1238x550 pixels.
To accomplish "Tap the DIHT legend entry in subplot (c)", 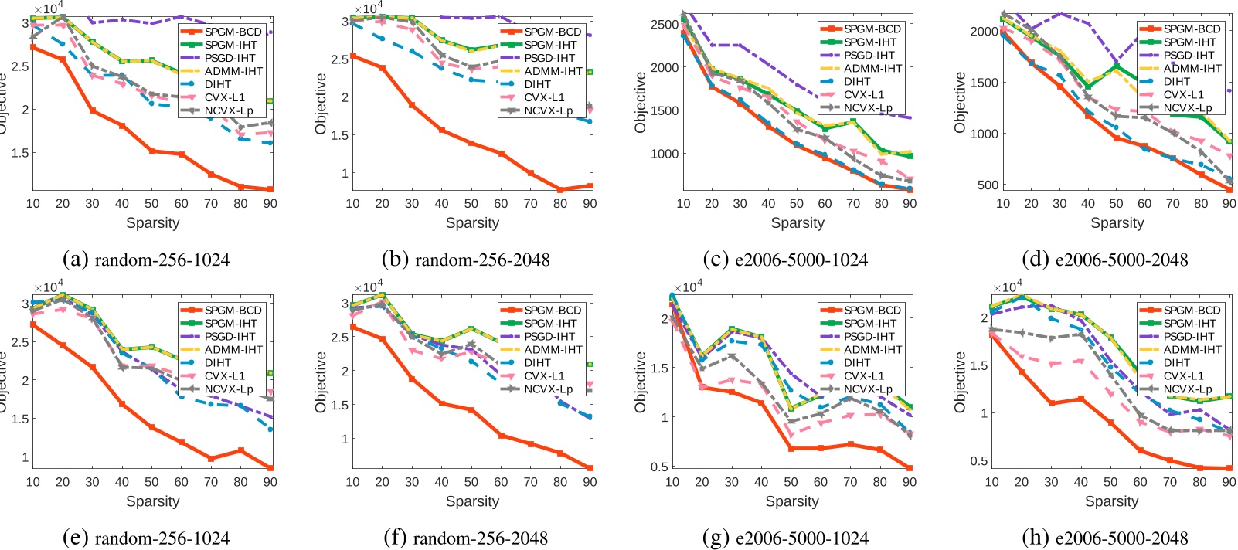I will [856, 81].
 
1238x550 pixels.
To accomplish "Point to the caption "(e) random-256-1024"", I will [147, 538].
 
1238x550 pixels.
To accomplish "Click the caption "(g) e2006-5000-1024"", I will [786, 538].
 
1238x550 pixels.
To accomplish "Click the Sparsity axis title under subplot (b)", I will [472, 222].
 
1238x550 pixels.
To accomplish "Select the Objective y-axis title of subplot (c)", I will [640, 102].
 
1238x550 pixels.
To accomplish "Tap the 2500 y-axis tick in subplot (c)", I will [665, 24].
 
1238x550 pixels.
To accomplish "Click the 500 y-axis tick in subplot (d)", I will [988, 185].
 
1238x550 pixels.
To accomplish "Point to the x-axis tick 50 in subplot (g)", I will [791, 481].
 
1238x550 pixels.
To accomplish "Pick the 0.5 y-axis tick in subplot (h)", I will [978, 460].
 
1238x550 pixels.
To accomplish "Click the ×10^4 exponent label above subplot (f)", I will [368, 287].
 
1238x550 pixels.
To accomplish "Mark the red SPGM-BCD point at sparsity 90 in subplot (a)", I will [270, 189].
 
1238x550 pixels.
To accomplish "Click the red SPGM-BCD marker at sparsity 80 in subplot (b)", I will [560, 189].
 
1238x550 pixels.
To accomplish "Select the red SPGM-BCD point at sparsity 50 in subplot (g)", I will [791, 448].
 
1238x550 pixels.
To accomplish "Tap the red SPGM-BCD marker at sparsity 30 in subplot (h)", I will [1051, 403].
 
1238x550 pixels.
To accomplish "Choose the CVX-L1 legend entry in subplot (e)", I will [224, 375].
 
